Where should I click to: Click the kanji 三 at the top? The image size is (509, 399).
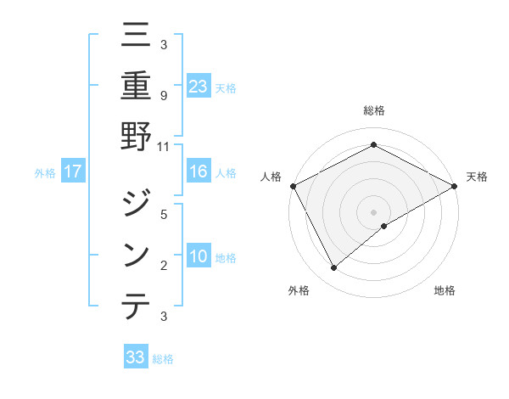(x=136, y=37)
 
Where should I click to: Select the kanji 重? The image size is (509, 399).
(x=136, y=86)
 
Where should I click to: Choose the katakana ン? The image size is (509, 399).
(x=136, y=254)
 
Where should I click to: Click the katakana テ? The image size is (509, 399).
(x=136, y=305)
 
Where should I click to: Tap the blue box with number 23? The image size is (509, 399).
(x=199, y=86)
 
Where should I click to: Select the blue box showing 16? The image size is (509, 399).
(x=199, y=172)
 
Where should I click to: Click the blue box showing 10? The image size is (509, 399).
(x=199, y=256)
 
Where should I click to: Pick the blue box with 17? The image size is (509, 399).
(x=73, y=172)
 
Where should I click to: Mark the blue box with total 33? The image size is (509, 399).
(x=136, y=357)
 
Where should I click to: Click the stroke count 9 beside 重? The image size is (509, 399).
(x=163, y=95)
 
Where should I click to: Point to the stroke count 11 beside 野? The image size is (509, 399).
(x=164, y=146)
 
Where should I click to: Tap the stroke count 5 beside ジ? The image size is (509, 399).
(x=163, y=214)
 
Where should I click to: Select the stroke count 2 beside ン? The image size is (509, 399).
(x=163, y=265)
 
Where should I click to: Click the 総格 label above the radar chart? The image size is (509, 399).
(x=373, y=110)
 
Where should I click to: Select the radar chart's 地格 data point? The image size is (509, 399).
(x=384, y=226)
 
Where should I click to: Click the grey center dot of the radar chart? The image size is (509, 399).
(x=373, y=211)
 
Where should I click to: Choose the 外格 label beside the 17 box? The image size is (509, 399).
(x=45, y=173)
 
